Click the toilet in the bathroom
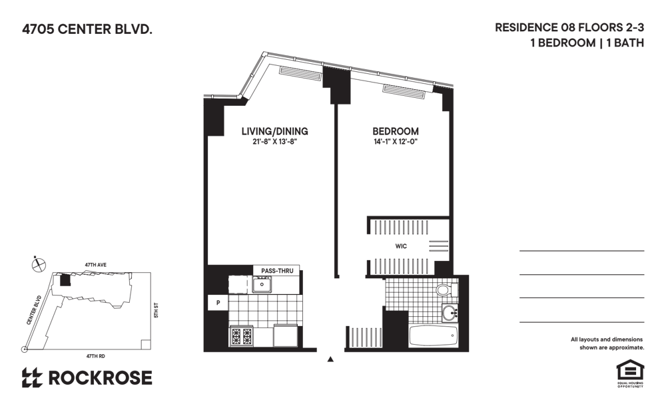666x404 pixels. [446, 290]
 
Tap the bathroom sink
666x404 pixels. [450, 313]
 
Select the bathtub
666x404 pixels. [434, 337]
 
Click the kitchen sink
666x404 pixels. [262, 284]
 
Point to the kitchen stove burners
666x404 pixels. [241, 337]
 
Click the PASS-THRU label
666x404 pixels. [277, 271]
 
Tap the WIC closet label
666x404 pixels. [401, 246]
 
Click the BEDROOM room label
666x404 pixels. [396, 131]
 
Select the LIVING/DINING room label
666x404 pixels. [275, 131]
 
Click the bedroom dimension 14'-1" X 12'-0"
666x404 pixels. [396, 142]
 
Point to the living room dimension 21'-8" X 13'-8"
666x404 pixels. [274, 142]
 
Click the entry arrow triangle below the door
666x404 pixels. [330, 359]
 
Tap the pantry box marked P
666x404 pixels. [218, 303]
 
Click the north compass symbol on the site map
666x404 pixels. [39, 265]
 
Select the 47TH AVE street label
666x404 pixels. [95, 265]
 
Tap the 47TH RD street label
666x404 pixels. [95, 356]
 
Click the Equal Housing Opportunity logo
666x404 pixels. [630, 373]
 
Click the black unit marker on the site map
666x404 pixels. [65, 280]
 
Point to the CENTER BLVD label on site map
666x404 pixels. [34, 310]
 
